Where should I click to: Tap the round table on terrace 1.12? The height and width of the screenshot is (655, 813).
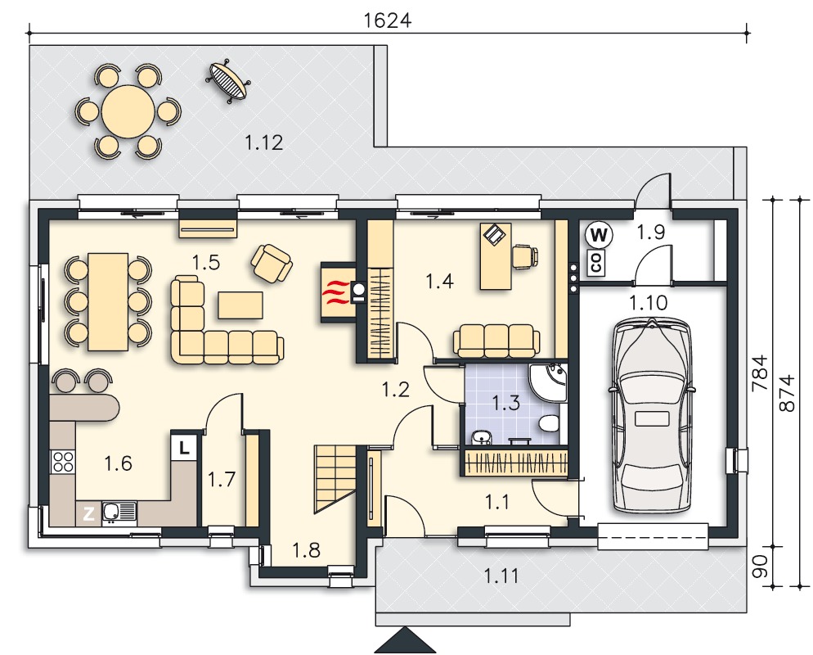point(128,111)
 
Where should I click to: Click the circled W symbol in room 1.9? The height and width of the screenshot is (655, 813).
point(599,235)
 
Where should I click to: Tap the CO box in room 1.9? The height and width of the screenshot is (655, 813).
point(596,263)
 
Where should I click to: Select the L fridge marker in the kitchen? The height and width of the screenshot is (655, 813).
point(183,446)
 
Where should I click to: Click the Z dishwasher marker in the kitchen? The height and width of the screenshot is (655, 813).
point(88,514)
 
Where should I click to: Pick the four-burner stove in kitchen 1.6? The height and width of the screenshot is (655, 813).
point(63,462)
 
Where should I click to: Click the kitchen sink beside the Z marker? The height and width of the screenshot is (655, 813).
point(119,513)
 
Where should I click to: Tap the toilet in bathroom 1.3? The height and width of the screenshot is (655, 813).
point(549,424)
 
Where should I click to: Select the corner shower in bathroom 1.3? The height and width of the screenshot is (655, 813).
point(548,383)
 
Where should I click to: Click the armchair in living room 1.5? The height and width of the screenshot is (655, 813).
point(272,263)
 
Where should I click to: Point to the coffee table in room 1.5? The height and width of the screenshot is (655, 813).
point(240,305)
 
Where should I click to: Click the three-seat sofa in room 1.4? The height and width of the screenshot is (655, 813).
point(496,341)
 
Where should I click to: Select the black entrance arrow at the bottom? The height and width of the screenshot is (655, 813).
point(405,640)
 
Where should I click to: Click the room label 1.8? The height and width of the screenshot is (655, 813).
point(307,550)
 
